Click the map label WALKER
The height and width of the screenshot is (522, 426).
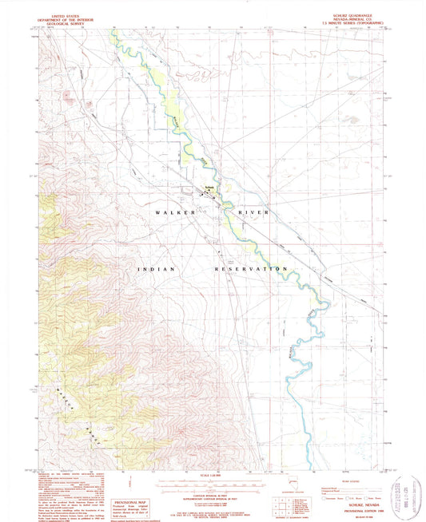(173, 213)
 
